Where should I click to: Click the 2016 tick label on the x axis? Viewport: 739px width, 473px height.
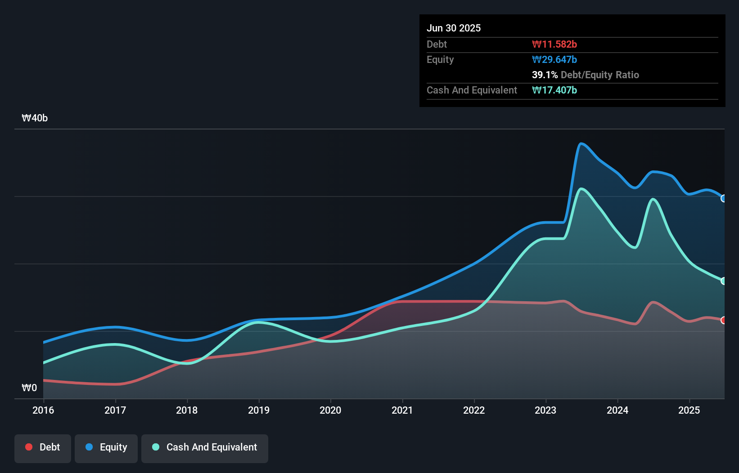[43, 411]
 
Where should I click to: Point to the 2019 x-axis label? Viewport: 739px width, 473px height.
[259, 411]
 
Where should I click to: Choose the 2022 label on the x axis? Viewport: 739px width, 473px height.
[474, 411]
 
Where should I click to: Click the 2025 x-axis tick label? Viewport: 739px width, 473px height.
[689, 411]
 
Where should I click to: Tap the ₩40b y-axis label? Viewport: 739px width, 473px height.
[35, 118]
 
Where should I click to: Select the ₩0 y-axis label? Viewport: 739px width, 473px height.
[29, 388]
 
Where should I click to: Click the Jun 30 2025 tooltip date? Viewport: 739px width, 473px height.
[454, 28]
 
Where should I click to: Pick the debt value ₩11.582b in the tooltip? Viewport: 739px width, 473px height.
[554, 45]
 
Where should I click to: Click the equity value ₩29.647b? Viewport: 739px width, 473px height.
[554, 60]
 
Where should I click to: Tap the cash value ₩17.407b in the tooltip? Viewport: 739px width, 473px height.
[554, 90]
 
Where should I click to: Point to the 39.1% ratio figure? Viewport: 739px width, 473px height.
[545, 75]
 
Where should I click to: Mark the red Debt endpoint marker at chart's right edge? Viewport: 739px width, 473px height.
[723, 320]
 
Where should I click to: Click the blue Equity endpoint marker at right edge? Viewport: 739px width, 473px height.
[723, 198]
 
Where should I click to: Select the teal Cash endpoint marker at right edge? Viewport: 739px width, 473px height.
[723, 281]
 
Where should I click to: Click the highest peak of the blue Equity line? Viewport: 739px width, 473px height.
[581, 144]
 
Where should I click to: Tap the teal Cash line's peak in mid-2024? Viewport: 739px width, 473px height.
[653, 199]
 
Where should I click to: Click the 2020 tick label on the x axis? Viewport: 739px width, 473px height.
[330, 411]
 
